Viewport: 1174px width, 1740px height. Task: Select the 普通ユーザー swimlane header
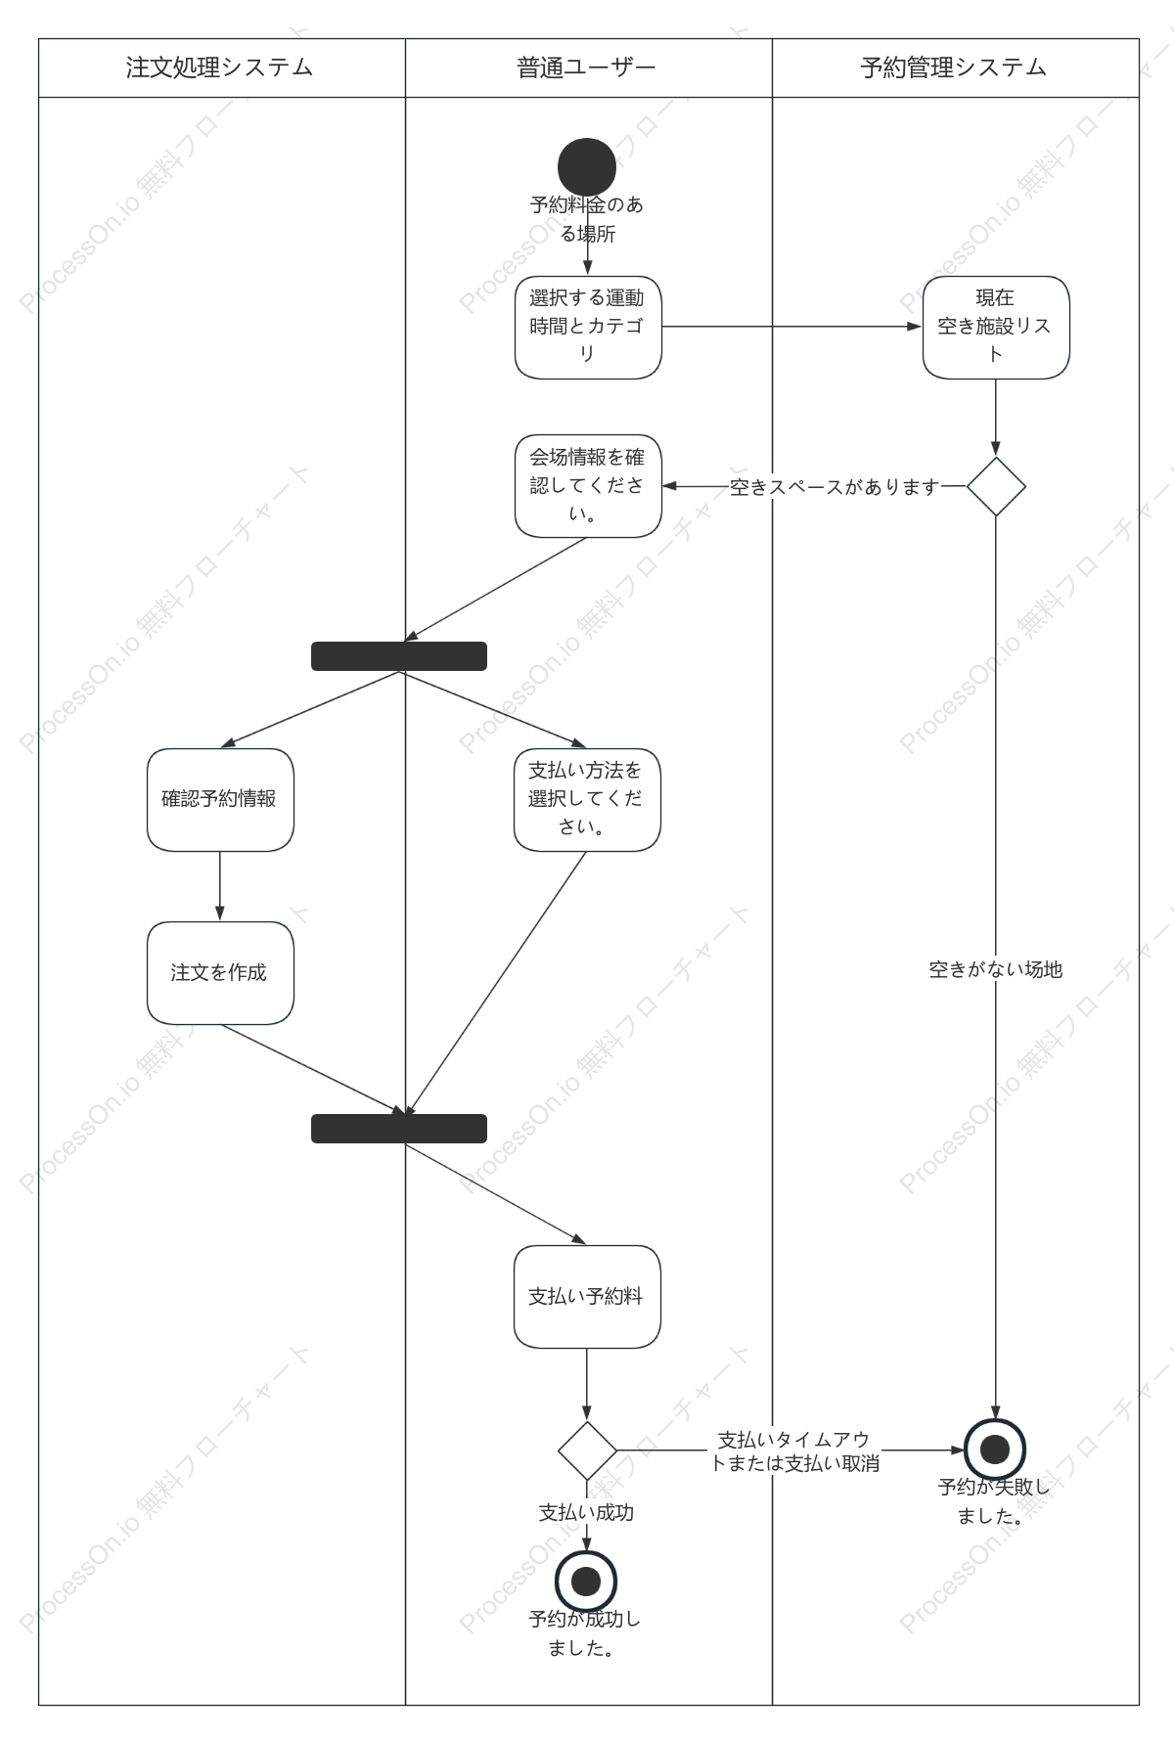(588, 67)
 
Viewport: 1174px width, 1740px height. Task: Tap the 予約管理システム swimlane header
(955, 67)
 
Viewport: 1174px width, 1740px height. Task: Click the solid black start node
(587, 167)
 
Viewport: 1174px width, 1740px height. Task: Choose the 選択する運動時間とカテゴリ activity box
(588, 328)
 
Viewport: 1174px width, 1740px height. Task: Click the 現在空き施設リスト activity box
(996, 328)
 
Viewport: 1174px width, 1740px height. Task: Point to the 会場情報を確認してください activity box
(588, 486)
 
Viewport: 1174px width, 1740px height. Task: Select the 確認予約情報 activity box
(220, 800)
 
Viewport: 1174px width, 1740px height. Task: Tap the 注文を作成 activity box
(220, 973)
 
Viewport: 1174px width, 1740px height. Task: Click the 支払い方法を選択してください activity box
(587, 800)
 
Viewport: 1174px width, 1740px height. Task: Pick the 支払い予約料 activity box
(587, 1297)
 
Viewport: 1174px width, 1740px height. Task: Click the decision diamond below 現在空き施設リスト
(996, 486)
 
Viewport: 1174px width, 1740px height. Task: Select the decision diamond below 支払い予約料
(587, 1450)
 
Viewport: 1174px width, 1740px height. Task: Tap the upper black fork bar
(399, 656)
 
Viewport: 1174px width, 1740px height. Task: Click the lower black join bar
(399, 1129)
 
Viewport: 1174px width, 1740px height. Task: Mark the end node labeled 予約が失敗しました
(995, 1450)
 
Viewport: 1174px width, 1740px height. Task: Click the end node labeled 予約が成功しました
(586, 1582)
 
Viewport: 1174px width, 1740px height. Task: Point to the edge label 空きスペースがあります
(835, 487)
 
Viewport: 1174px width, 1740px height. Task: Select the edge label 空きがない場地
(996, 969)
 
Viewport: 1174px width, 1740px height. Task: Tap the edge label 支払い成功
(587, 1512)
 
